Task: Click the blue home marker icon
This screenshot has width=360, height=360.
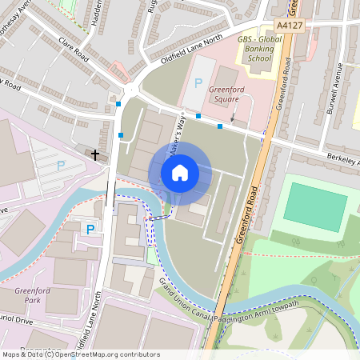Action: coord(179,172)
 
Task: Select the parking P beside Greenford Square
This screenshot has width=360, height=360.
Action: coord(198,83)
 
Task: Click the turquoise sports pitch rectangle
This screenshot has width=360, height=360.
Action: coord(315,206)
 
